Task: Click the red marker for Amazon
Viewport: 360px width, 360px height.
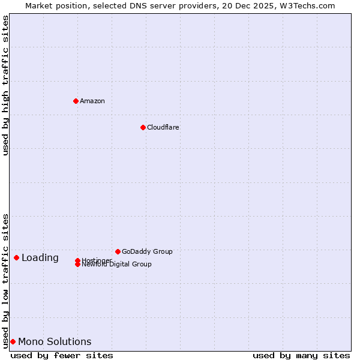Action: [x=76, y=101]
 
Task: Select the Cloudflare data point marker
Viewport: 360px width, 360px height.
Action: [x=143, y=127]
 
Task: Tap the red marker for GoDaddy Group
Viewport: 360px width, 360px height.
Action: [x=118, y=251]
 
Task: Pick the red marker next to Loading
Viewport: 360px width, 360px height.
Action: [x=16, y=257]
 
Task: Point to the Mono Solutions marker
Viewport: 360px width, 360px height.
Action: [x=13, y=341]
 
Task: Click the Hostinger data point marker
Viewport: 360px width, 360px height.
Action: [x=77, y=260]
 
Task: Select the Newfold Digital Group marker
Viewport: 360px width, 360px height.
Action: [x=77, y=265]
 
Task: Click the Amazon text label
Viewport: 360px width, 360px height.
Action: [x=92, y=101]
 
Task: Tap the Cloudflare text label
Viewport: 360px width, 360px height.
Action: [x=163, y=127]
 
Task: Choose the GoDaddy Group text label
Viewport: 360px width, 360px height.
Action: [x=147, y=251]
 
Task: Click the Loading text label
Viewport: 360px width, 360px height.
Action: [x=40, y=258]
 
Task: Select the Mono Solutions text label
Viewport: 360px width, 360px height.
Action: [x=55, y=342]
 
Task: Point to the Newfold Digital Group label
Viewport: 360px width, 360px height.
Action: [x=117, y=265]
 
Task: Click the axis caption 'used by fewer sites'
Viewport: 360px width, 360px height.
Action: [x=62, y=355]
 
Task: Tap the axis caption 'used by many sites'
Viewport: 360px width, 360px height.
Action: [x=301, y=355]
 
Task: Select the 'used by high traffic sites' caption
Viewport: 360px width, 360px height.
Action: [x=5, y=85]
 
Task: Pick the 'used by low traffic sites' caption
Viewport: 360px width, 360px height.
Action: [x=5, y=280]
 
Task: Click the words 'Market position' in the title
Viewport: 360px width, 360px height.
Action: [x=52, y=5]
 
